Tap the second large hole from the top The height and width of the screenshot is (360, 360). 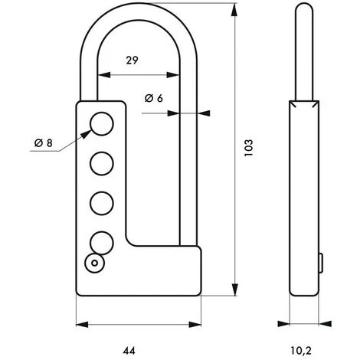(101, 163)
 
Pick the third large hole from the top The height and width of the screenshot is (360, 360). (101, 203)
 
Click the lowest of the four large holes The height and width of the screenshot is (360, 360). (101, 242)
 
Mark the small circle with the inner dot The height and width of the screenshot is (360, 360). (94, 263)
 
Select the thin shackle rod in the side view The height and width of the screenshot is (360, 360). (303, 54)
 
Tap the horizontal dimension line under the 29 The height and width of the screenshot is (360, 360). (138, 75)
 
